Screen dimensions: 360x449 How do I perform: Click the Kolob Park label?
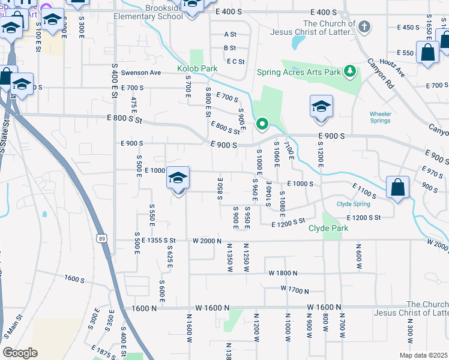coord(197,69)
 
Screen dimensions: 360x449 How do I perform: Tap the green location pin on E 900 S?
coord(262,125)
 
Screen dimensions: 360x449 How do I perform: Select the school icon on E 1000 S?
coord(178,178)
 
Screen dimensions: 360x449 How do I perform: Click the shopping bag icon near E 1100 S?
coord(397,188)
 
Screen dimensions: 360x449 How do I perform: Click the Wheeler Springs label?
coord(381,117)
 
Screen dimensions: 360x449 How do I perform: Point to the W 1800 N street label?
coord(283,273)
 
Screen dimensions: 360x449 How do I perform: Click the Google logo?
coord(20,353)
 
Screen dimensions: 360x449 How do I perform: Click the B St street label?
coord(230,48)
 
